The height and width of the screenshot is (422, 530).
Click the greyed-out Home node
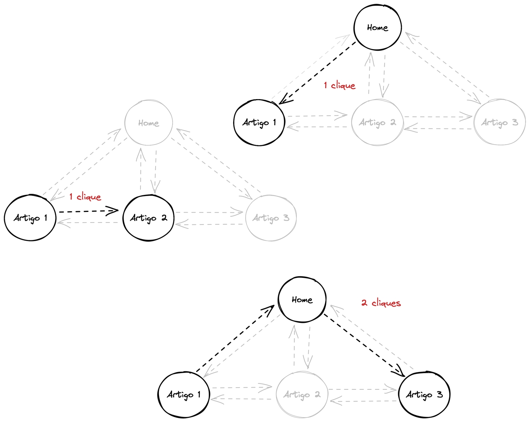[x=148, y=123]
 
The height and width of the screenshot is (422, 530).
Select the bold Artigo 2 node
[x=148, y=218]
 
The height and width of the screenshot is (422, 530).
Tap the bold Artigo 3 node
[x=424, y=395]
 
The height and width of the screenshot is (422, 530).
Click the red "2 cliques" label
[x=381, y=303]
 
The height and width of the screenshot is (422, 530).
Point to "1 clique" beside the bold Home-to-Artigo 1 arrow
[x=340, y=86]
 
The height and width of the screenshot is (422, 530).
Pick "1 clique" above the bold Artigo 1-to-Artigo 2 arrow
[x=85, y=197]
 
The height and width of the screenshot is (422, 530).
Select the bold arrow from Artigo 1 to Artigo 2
[x=89, y=211]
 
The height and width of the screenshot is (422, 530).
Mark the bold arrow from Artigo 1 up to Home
[x=235, y=339]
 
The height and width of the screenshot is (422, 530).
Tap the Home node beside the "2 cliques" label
[x=302, y=300]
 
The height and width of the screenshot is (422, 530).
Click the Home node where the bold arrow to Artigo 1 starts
[x=377, y=28]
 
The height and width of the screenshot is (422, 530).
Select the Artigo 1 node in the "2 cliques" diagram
[x=184, y=395]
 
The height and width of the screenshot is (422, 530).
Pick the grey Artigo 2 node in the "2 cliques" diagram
[x=302, y=395]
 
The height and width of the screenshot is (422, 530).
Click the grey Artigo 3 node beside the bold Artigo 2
[x=271, y=218]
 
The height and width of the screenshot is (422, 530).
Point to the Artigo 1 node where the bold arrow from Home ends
[x=259, y=123]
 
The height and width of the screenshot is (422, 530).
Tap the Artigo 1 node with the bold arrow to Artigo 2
[x=30, y=218]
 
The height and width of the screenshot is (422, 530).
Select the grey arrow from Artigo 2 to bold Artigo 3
[x=362, y=389]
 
